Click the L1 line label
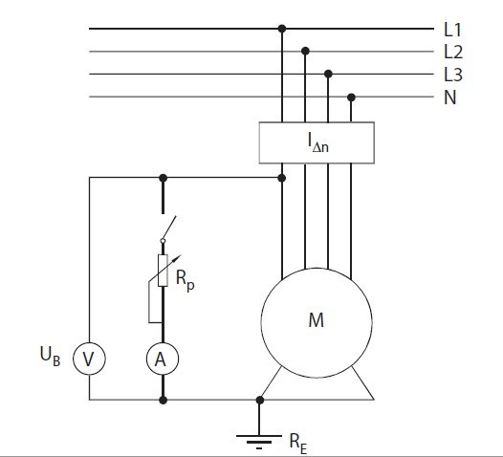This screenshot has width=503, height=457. pyautogui.click(x=452, y=30)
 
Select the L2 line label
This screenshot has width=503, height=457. pyautogui.click(x=453, y=52)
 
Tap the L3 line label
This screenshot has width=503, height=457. pyautogui.click(x=453, y=75)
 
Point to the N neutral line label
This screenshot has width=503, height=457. pyautogui.click(x=450, y=98)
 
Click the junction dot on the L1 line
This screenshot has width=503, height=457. pyautogui.click(x=282, y=29)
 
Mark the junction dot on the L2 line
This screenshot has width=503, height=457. pyautogui.click(x=305, y=51)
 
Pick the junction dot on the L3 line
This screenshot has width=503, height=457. pyautogui.click(x=328, y=74)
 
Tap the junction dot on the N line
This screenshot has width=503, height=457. pyautogui.click(x=351, y=98)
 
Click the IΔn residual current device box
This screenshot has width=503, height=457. pyautogui.click(x=317, y=142)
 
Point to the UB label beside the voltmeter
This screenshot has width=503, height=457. pyautogui.click(x=50, y=356)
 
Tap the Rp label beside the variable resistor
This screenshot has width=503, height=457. pyautogui.click(x=186, y=280)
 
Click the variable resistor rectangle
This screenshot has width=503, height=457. pyautogui.click(x=163, y=271)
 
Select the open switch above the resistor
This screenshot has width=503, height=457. pyautogui.click(x=168, y=229)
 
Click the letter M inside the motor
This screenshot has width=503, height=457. pyautogui.click(x=317, y=320)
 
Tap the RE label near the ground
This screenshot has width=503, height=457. pyautogui.click(x=298, y=444)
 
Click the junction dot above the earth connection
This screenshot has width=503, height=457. pyautogui.click(x=260, y=400)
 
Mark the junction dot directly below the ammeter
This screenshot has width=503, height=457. pyautogui.click(x=163, y=400)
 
